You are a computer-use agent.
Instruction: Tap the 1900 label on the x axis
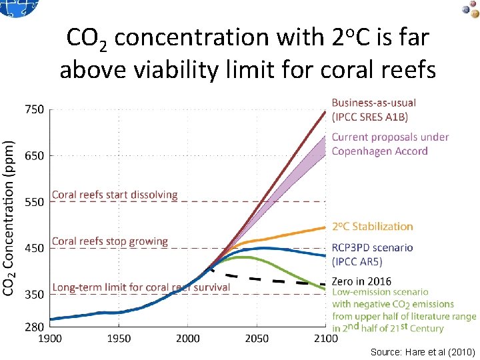click(50, 339)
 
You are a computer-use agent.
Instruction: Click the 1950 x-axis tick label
click(119, 339)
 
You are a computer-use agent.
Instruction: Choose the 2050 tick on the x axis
click(257, 339)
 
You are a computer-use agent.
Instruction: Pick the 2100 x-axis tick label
click(325, 339)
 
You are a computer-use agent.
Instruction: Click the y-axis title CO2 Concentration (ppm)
click(9, 217)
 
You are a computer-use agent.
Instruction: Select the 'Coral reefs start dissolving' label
click(115, 195)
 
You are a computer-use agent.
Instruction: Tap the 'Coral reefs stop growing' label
click(110, 241)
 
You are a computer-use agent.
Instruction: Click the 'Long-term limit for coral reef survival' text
click(141, 287)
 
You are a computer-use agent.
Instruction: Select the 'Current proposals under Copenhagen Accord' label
click(390, 144)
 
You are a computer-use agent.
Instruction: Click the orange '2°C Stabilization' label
click(373, 227)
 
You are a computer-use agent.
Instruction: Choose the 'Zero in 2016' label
click(361, 281)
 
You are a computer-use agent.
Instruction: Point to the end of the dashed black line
click(325, 284)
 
